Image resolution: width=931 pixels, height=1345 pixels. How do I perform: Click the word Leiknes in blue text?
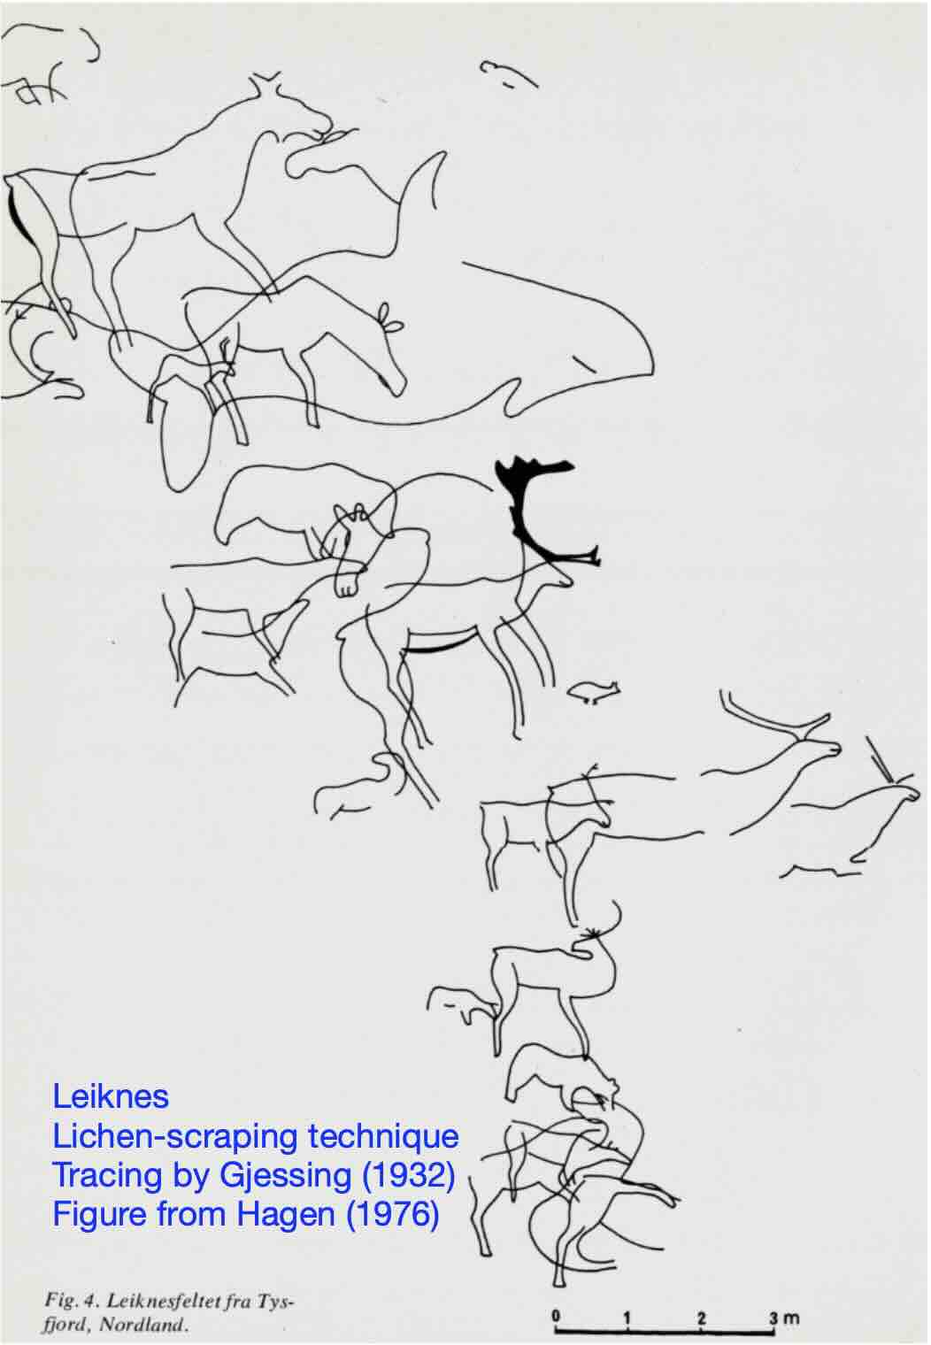point(111,1097)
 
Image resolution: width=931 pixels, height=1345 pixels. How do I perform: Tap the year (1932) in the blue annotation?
point(408,1176)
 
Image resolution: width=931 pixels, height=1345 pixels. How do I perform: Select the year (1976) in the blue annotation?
point(393,1214)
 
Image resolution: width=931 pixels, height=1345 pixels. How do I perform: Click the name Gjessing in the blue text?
point(285,1177)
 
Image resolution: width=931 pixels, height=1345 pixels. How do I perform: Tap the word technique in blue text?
point(383,1137)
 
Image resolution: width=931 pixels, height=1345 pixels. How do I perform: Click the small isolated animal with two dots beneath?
point(594,691)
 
